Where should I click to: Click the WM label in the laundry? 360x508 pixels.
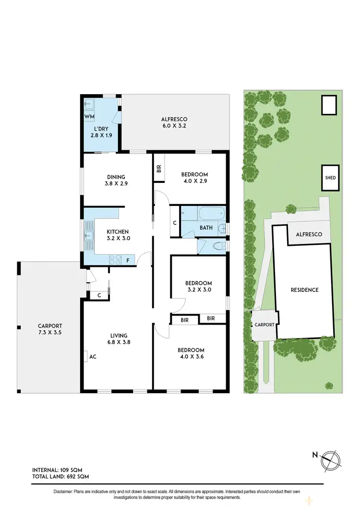click(x=89, y=117)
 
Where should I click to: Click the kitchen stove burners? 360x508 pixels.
click(x=116, y=260)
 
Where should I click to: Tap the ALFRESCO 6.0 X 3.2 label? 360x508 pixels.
click(x=174, y=123)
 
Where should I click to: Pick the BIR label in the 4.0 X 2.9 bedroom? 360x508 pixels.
click(x=159, y=169)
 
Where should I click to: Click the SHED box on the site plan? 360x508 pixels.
click(x=331, y=178)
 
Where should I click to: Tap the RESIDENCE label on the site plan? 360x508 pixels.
click(x=304, y=290)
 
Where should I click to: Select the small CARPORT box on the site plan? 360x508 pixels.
click(x=264, y=325)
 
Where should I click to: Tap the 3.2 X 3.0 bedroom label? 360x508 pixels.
click(x=198, y=287)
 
